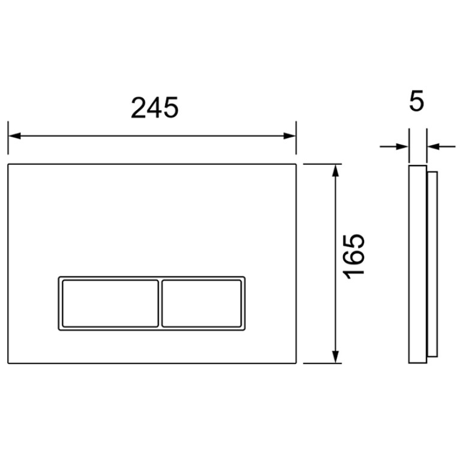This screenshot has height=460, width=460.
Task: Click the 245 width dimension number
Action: click(155, 108)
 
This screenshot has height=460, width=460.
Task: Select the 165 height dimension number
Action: click(354, 257)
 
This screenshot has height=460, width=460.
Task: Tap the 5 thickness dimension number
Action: click(417, 101)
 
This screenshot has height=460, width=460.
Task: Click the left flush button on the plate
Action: click(110, 303)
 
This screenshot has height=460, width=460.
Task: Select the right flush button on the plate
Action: click(202, 303)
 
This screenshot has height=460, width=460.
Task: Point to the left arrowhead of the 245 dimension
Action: click(14, 136)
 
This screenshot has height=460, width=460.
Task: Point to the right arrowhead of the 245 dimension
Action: click(290, 136)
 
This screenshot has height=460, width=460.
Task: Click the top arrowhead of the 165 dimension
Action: click(336, 170)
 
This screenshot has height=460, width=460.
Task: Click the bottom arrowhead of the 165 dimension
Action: click(336, 357)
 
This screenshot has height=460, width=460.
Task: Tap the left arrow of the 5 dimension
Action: click(394, 146)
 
